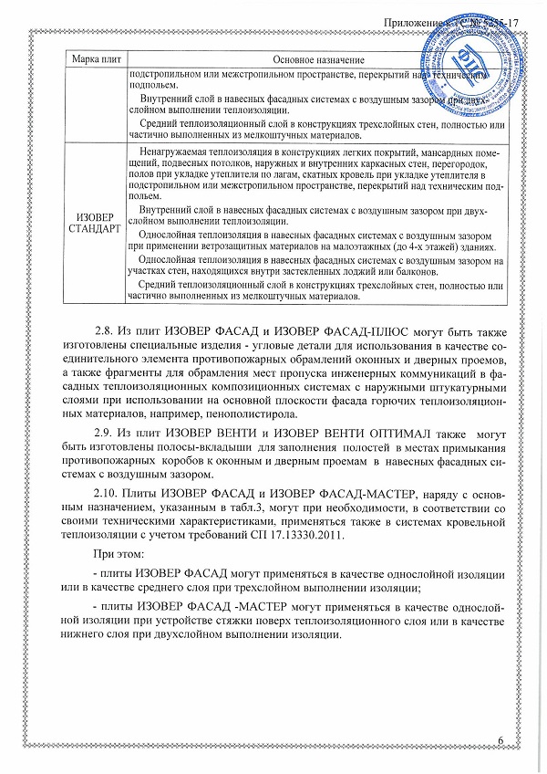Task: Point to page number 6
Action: click(502, 737)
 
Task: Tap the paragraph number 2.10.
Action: click(109, 493)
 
